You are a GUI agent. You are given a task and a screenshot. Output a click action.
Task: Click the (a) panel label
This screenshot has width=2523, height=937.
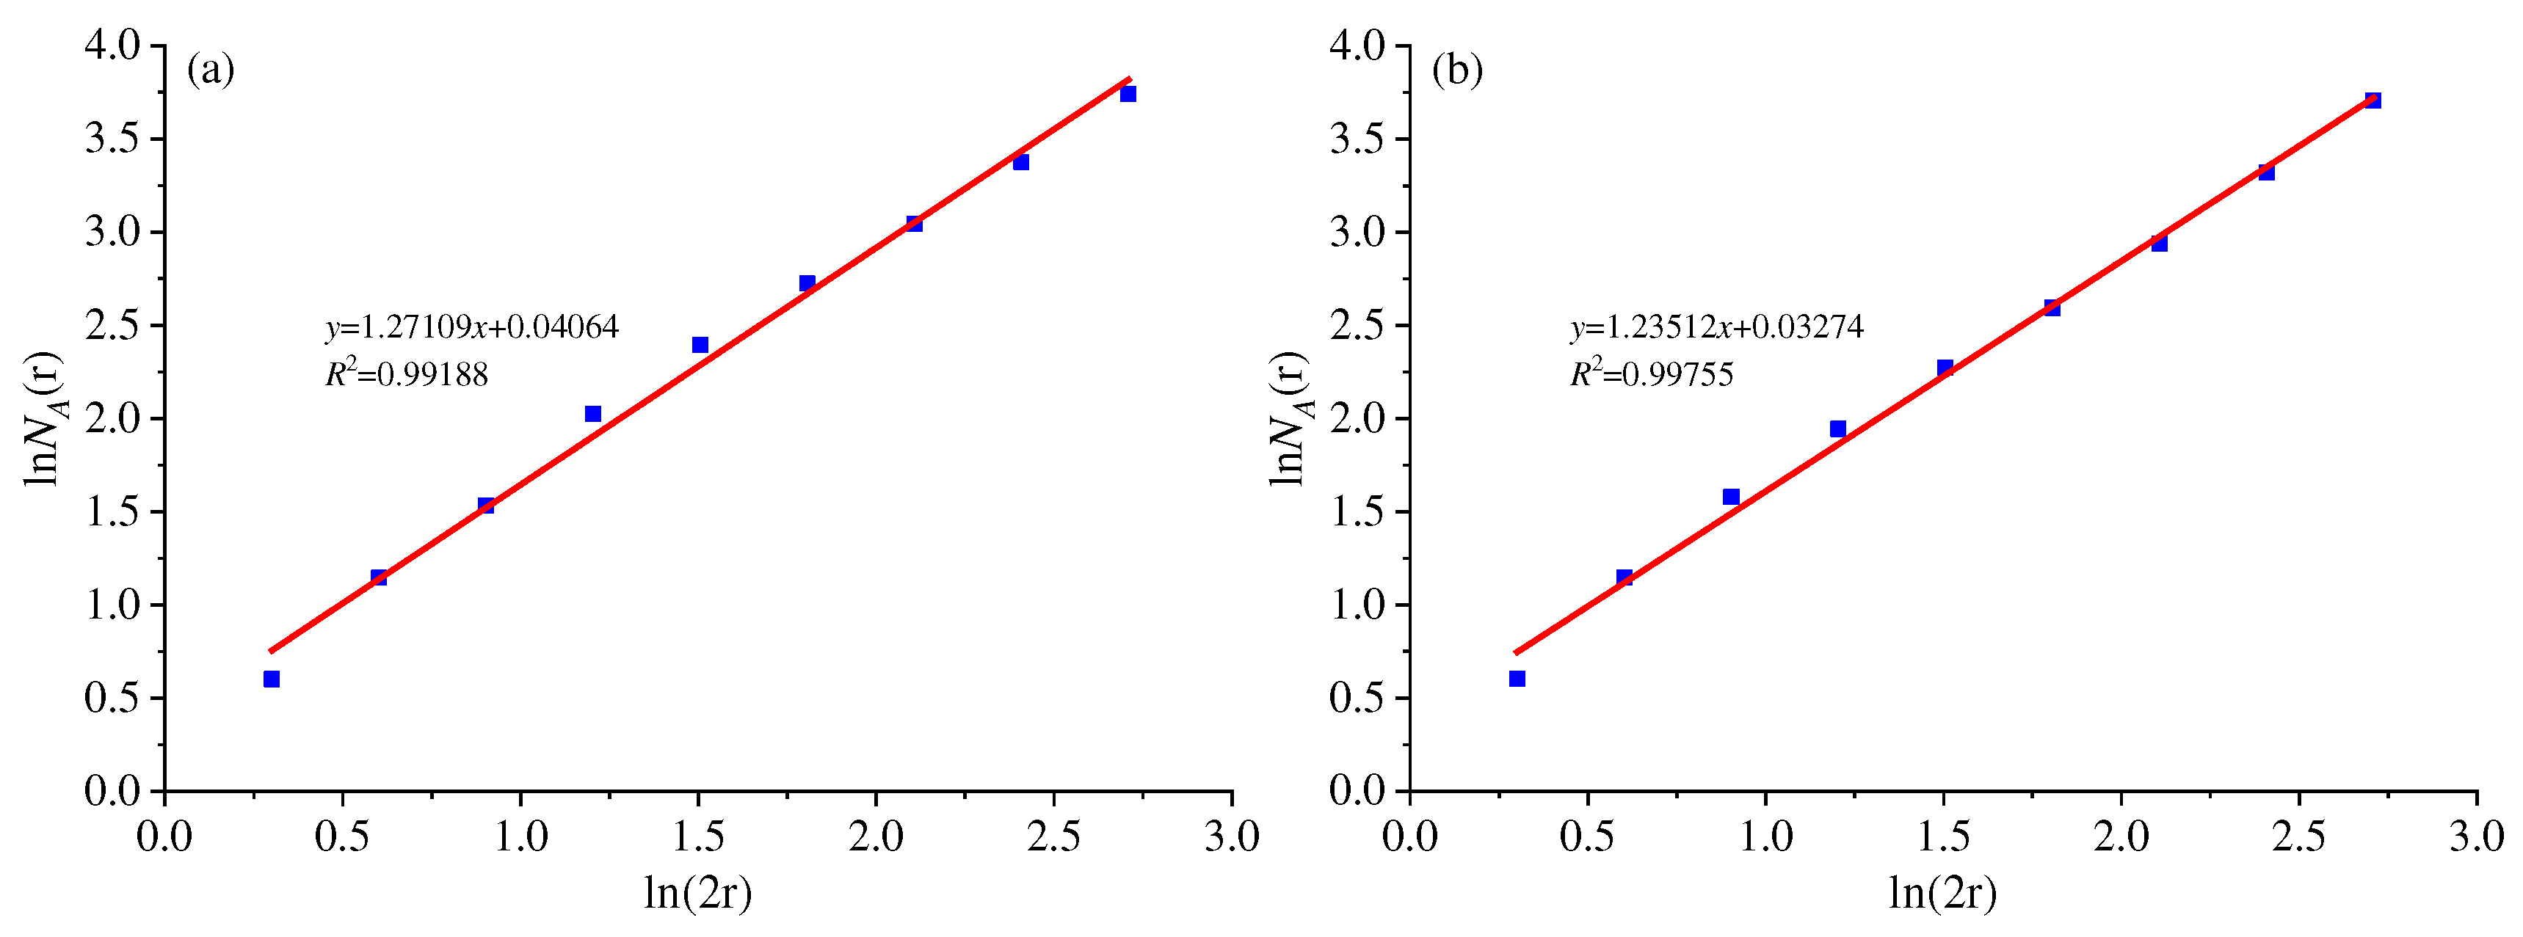pos(211,70)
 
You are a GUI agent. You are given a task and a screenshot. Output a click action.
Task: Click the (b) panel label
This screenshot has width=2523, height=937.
pos(1456,70)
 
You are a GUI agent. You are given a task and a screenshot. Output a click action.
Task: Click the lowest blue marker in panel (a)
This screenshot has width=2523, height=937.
pos(272,679)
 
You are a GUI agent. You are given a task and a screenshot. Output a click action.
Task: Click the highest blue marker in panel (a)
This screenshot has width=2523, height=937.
pos(1128,94)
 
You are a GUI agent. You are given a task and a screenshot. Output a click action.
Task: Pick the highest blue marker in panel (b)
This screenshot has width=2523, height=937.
pos(2373,100)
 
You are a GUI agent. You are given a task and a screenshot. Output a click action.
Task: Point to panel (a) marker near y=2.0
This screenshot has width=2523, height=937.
pos(592,414)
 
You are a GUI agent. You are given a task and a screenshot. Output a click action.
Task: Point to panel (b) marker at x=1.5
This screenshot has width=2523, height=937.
pos(1945,367)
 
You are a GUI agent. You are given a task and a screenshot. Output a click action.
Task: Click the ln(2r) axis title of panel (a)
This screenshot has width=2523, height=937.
pos(697,892)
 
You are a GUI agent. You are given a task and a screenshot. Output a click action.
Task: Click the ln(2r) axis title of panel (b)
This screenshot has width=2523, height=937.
pos(1943,892)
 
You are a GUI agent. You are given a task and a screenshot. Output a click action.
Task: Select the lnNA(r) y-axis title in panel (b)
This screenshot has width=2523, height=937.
pos(1289,418)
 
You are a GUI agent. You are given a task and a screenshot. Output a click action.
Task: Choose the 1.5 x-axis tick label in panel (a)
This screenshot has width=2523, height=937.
pos(697,836)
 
